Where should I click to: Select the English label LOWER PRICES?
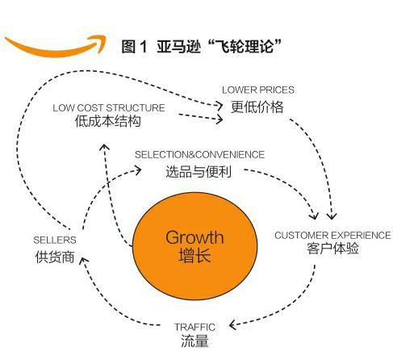pyautogui.click(x=258, y=90)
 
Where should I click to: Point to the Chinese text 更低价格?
pyautogui.click(x=257, y=106)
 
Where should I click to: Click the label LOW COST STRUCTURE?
pyautogui.click(x=109, y=107)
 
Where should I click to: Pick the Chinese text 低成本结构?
pyautogui.click(x=107, y=123)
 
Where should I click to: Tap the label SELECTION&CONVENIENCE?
pyautogui.click(x=199, y=154)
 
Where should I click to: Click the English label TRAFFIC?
pyautogui.click(x=194, y=327)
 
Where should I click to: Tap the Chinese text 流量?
pyautogui.click(x=194, y=341)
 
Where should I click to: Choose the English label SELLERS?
pyautogui.click(x=54, y=241)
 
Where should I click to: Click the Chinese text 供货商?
pyautogui.click(x=54, y=257)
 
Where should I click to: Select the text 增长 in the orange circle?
pyautogui.click(x=194, y=257)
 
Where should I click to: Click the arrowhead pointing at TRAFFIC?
pyautogui.click(x=232, y=326)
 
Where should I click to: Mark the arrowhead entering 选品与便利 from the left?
pyautogui.click(x=140, y=170)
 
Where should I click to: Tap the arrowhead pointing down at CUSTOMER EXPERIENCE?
pyautogui.click(x=332, y=216)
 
